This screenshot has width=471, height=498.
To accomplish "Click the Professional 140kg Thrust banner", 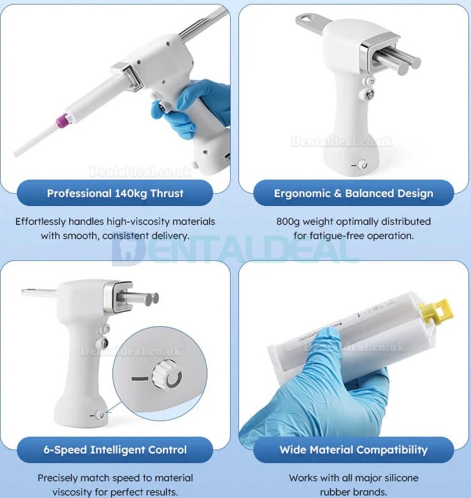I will pos(115,193).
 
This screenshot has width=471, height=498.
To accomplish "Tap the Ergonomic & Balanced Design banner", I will pos(353,193).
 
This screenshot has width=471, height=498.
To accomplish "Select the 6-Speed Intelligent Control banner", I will pos(115,450).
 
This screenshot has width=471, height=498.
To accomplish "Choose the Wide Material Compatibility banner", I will pos(353,450).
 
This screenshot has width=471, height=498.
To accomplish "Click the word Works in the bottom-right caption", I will pos(304,478).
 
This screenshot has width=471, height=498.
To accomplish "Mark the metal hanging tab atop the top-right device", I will pos(310,23).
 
